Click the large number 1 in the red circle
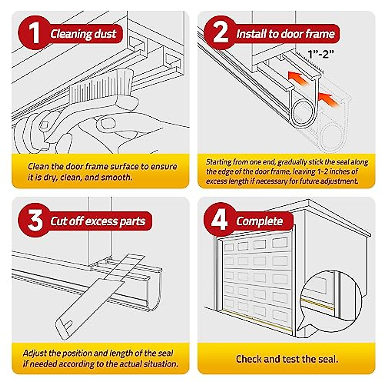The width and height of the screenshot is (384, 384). (34, 33)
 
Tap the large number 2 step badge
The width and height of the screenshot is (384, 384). (220, 33)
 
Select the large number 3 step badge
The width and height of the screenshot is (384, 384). (35, 220)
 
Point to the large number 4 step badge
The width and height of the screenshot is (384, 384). (220, 220)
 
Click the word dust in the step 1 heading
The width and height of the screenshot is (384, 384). (105, 34)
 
